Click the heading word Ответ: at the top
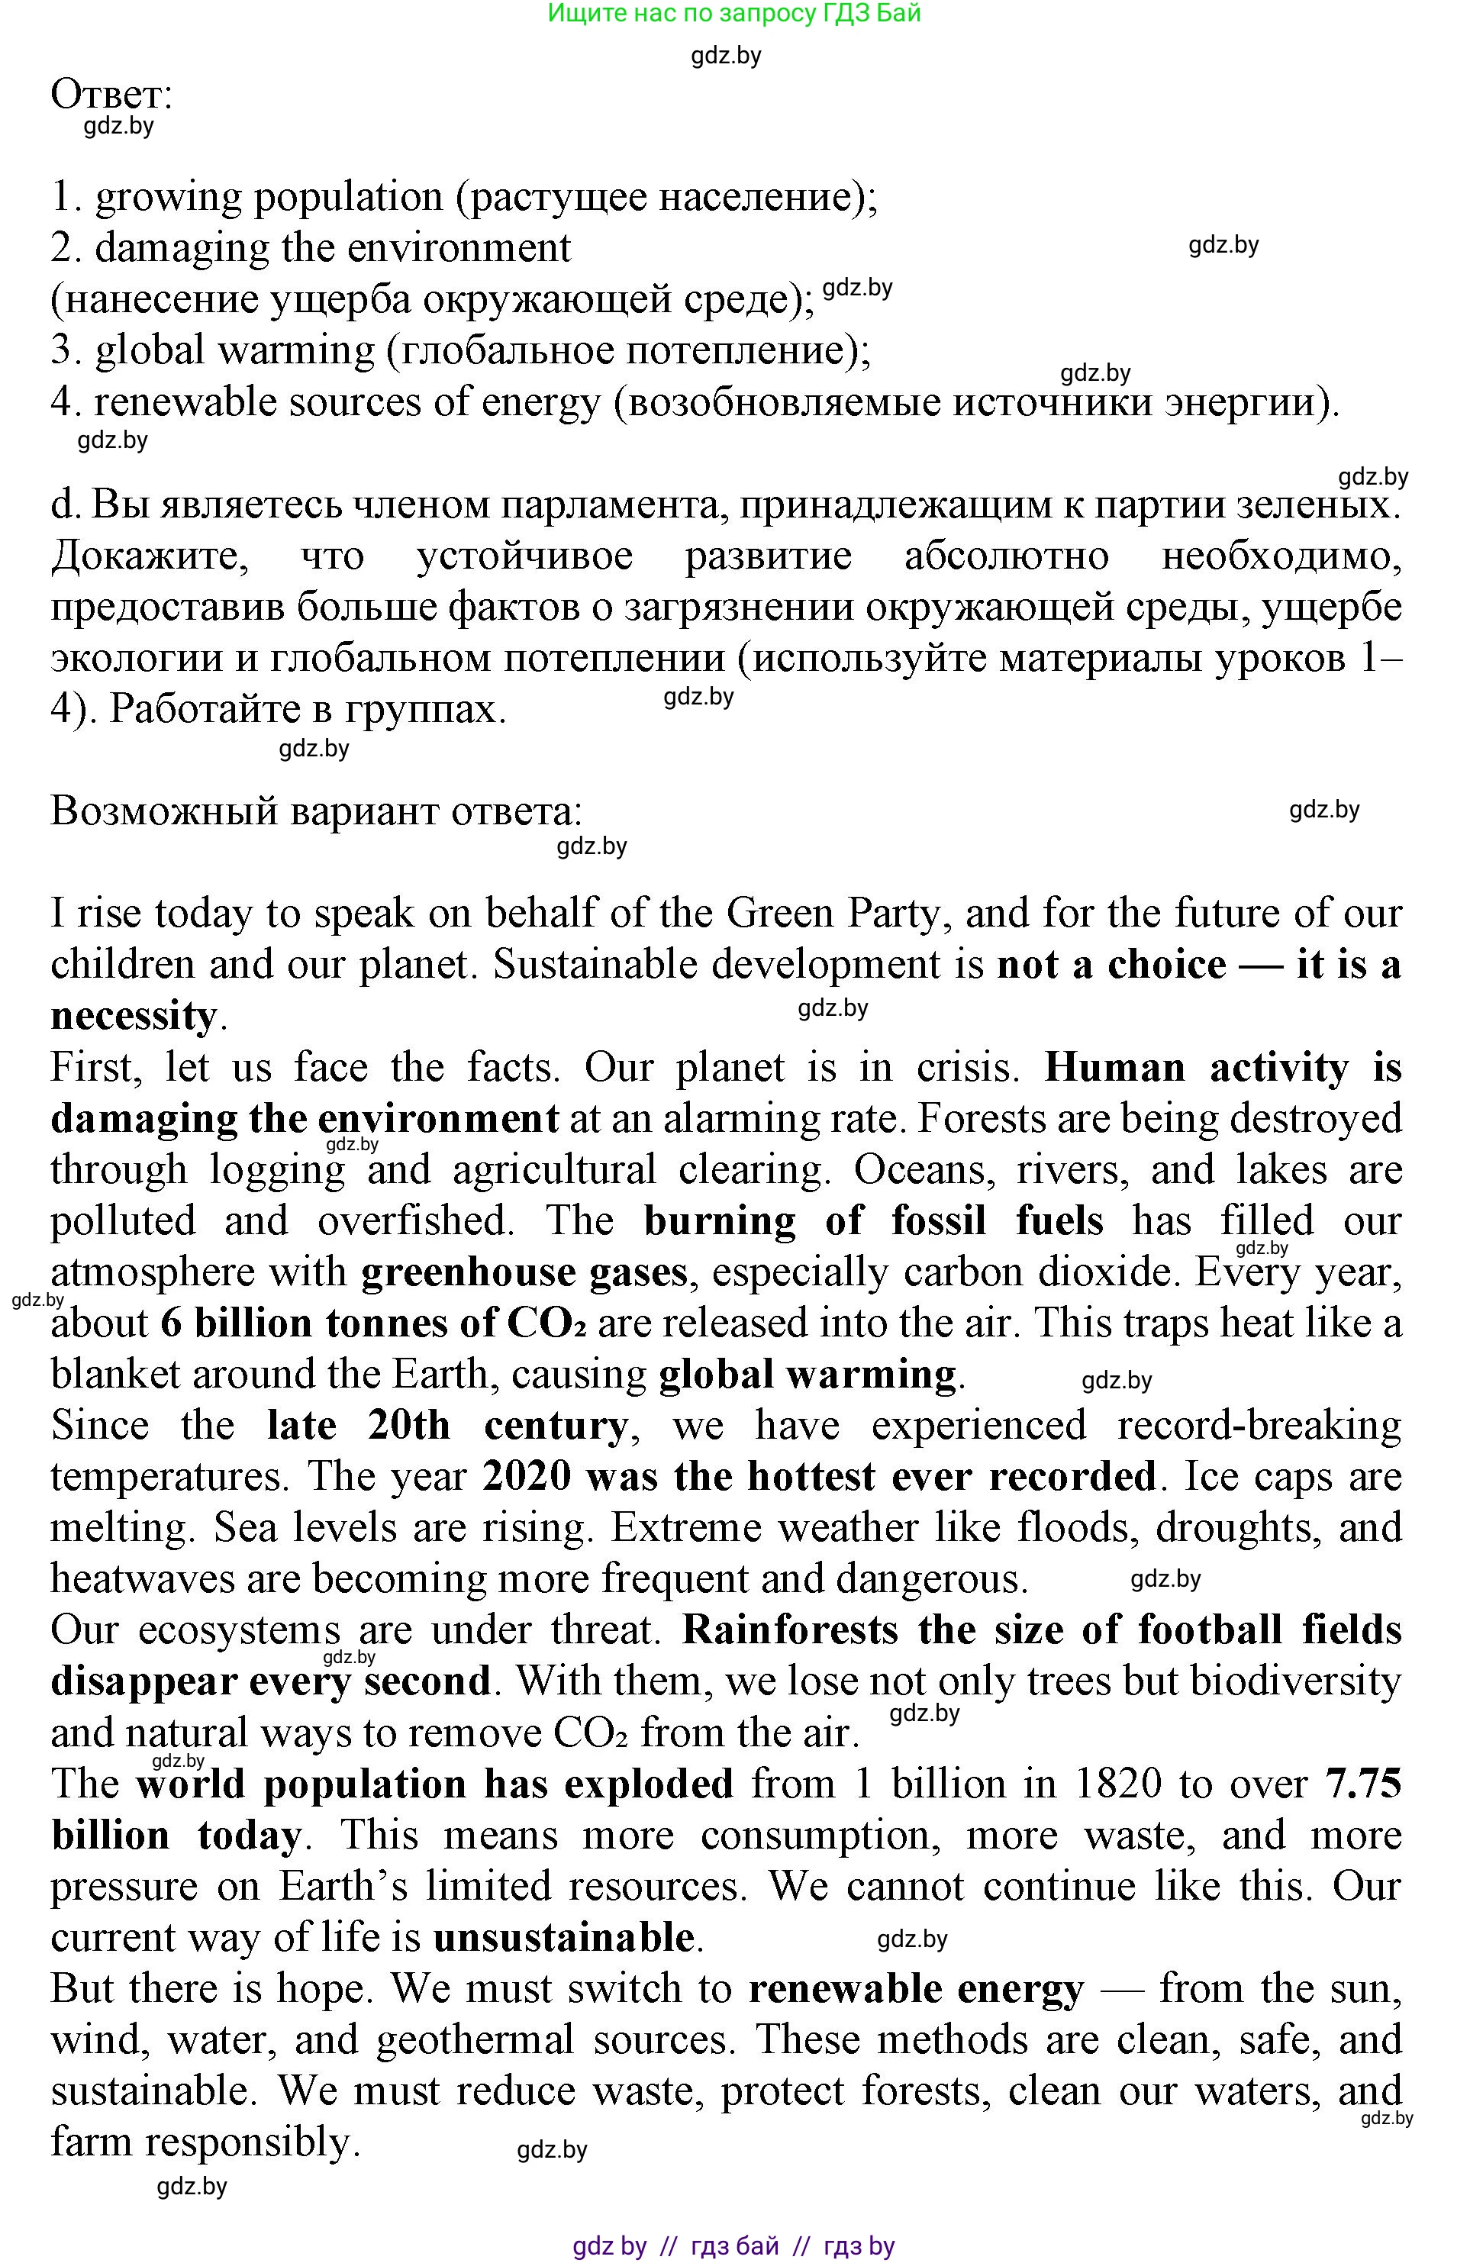(111, 95)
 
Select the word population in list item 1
(348, 197)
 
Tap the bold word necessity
(133, 1017)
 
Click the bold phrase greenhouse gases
(524, 1272)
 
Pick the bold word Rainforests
(790, 1630)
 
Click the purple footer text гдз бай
(735, 2247)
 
